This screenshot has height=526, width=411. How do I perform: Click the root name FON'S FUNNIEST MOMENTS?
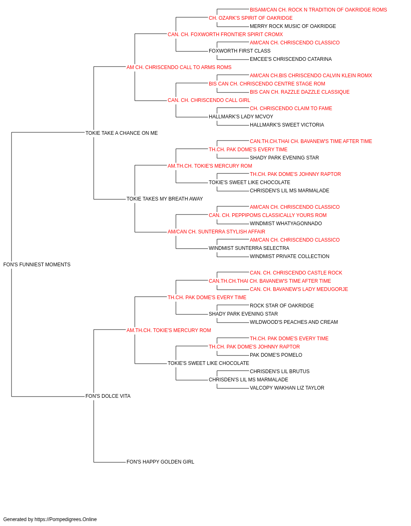(x=37, y=265)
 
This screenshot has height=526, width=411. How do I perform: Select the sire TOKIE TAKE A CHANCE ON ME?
(x=122, y=133)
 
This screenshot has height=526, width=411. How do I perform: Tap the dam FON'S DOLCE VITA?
(x=108, y=396)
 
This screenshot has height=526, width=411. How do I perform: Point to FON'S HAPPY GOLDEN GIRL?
(x=160, y=462)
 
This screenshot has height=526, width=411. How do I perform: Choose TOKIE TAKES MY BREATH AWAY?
(x=164, y=199)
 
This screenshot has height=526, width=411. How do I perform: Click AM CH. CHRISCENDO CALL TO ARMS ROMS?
(x=179, y=67)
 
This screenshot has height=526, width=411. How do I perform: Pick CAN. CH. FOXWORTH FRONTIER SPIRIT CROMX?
(x=225, y=35)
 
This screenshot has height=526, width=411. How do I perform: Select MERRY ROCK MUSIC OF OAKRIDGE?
(x=293, y=26)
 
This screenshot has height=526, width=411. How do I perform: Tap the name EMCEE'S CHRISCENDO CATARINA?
(x=291, y=59)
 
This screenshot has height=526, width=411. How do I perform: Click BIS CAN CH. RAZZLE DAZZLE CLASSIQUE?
(x=300, y=92)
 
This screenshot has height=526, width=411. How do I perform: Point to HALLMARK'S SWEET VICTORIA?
(x=287, y=125)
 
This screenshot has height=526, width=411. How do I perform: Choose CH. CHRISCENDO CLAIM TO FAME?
(x=291, y=108)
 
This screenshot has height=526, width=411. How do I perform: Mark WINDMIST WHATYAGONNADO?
(x=286, y=224)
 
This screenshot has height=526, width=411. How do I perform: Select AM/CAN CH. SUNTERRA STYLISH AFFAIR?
(x=217, y=232)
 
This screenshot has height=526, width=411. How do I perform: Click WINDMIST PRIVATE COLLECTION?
(x=289, y=256)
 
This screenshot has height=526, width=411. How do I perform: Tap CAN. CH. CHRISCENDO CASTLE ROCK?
(x=296, y=273)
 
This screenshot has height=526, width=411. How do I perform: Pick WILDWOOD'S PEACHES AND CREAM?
(x=294, y=322)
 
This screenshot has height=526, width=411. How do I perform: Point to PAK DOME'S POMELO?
(x=276, y=355)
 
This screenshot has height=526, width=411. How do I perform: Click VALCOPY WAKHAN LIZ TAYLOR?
(x=287, y=388)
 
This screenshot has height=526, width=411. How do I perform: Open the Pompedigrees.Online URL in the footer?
(x=66, y=519)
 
